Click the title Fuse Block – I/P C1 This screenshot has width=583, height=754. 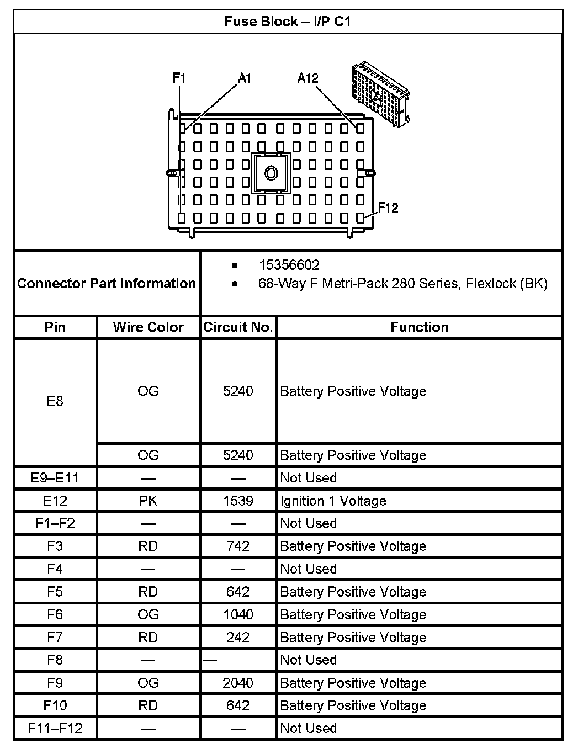click(287, 22)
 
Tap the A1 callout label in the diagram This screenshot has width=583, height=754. click(245, 78)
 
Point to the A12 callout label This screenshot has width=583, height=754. click(308, 78)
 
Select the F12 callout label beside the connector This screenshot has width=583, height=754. click(388, 208)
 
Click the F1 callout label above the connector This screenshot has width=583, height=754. click(179, 78)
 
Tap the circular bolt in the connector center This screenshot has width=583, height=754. click(271, 174)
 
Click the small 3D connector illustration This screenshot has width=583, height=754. click(381, 95)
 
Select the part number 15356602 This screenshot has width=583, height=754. click(289, 265)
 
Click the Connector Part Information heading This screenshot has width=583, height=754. click(107, 283)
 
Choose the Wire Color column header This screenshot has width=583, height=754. click(148, 327)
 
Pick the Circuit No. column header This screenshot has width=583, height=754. click(238, 327)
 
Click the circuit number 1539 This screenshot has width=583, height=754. click(238, 501)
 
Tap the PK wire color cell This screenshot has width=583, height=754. click(148, 501)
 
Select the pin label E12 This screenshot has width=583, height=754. click(55, 501)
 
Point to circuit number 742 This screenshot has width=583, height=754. click(238, 546)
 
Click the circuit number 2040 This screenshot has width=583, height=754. click(238, 683)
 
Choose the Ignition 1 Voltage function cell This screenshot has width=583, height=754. click(333, 501)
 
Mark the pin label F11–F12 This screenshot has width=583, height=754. click(55, 728)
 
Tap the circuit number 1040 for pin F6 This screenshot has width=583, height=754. click(238, 614)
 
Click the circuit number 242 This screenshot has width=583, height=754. click(238, 637)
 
